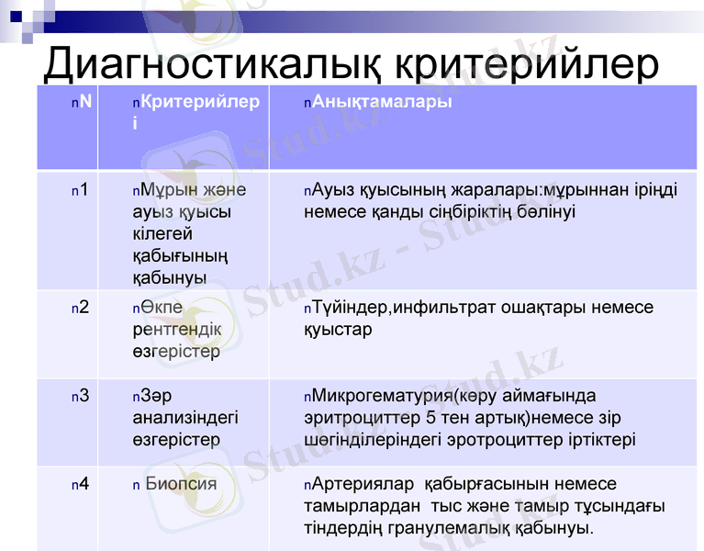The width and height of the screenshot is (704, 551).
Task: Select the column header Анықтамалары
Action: pos(382,102)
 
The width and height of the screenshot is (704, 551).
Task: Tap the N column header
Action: pos(85,102)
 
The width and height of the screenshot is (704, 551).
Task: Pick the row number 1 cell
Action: pos(84,191)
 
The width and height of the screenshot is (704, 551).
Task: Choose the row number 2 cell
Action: pos(84,308)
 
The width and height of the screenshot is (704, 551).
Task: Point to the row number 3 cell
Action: pos(84,397)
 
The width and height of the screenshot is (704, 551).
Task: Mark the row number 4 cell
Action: pos(84,484)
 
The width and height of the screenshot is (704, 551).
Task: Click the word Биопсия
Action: pos(181,484)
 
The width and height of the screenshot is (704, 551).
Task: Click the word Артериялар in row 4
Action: pos(359,484)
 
